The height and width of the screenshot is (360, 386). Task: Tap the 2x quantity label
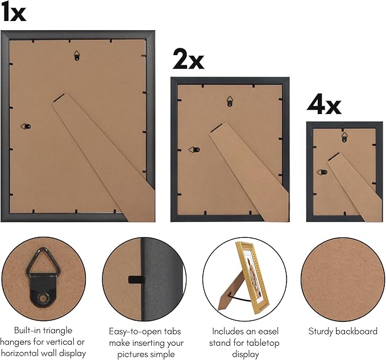[188, 59]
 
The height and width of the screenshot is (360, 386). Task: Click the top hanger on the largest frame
[77, 56]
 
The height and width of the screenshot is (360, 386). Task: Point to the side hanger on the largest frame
[26, 127]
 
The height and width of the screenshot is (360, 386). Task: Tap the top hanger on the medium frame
[230, 101]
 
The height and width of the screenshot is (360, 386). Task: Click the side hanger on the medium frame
[194, 149]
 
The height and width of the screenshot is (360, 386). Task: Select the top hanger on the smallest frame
[345, 137]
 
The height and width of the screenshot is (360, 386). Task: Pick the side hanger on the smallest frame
[322, 172]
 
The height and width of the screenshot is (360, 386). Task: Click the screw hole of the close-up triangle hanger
[43, 299]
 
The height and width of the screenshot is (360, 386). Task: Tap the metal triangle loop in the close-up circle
[44, 261]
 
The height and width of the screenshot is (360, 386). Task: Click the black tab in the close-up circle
[136, 279]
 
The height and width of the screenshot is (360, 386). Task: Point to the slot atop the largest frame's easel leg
[59, 97]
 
